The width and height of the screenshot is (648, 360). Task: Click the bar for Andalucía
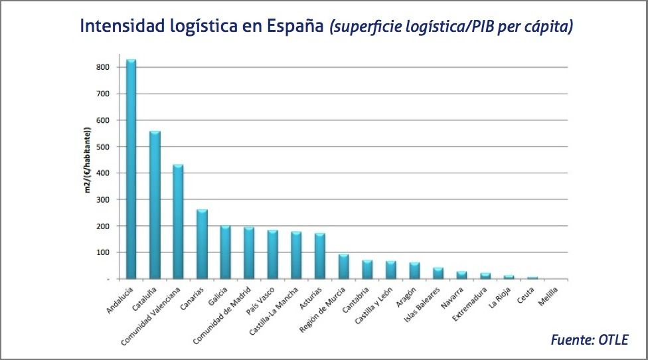[131, 169]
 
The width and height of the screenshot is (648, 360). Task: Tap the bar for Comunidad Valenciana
[178, 222]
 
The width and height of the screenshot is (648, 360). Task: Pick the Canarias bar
[202, 244]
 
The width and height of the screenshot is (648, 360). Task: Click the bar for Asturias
[320, 256]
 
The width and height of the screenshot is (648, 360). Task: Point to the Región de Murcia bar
[344, 267]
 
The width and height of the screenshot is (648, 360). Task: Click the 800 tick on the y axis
[102, 67]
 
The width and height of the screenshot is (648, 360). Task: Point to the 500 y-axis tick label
[102, 147]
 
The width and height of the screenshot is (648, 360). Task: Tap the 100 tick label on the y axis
[102, 252]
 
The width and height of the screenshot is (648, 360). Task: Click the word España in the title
[294, 27]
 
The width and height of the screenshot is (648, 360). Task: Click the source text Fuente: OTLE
[588, 340]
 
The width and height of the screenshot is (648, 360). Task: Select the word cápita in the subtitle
[547, 28]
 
